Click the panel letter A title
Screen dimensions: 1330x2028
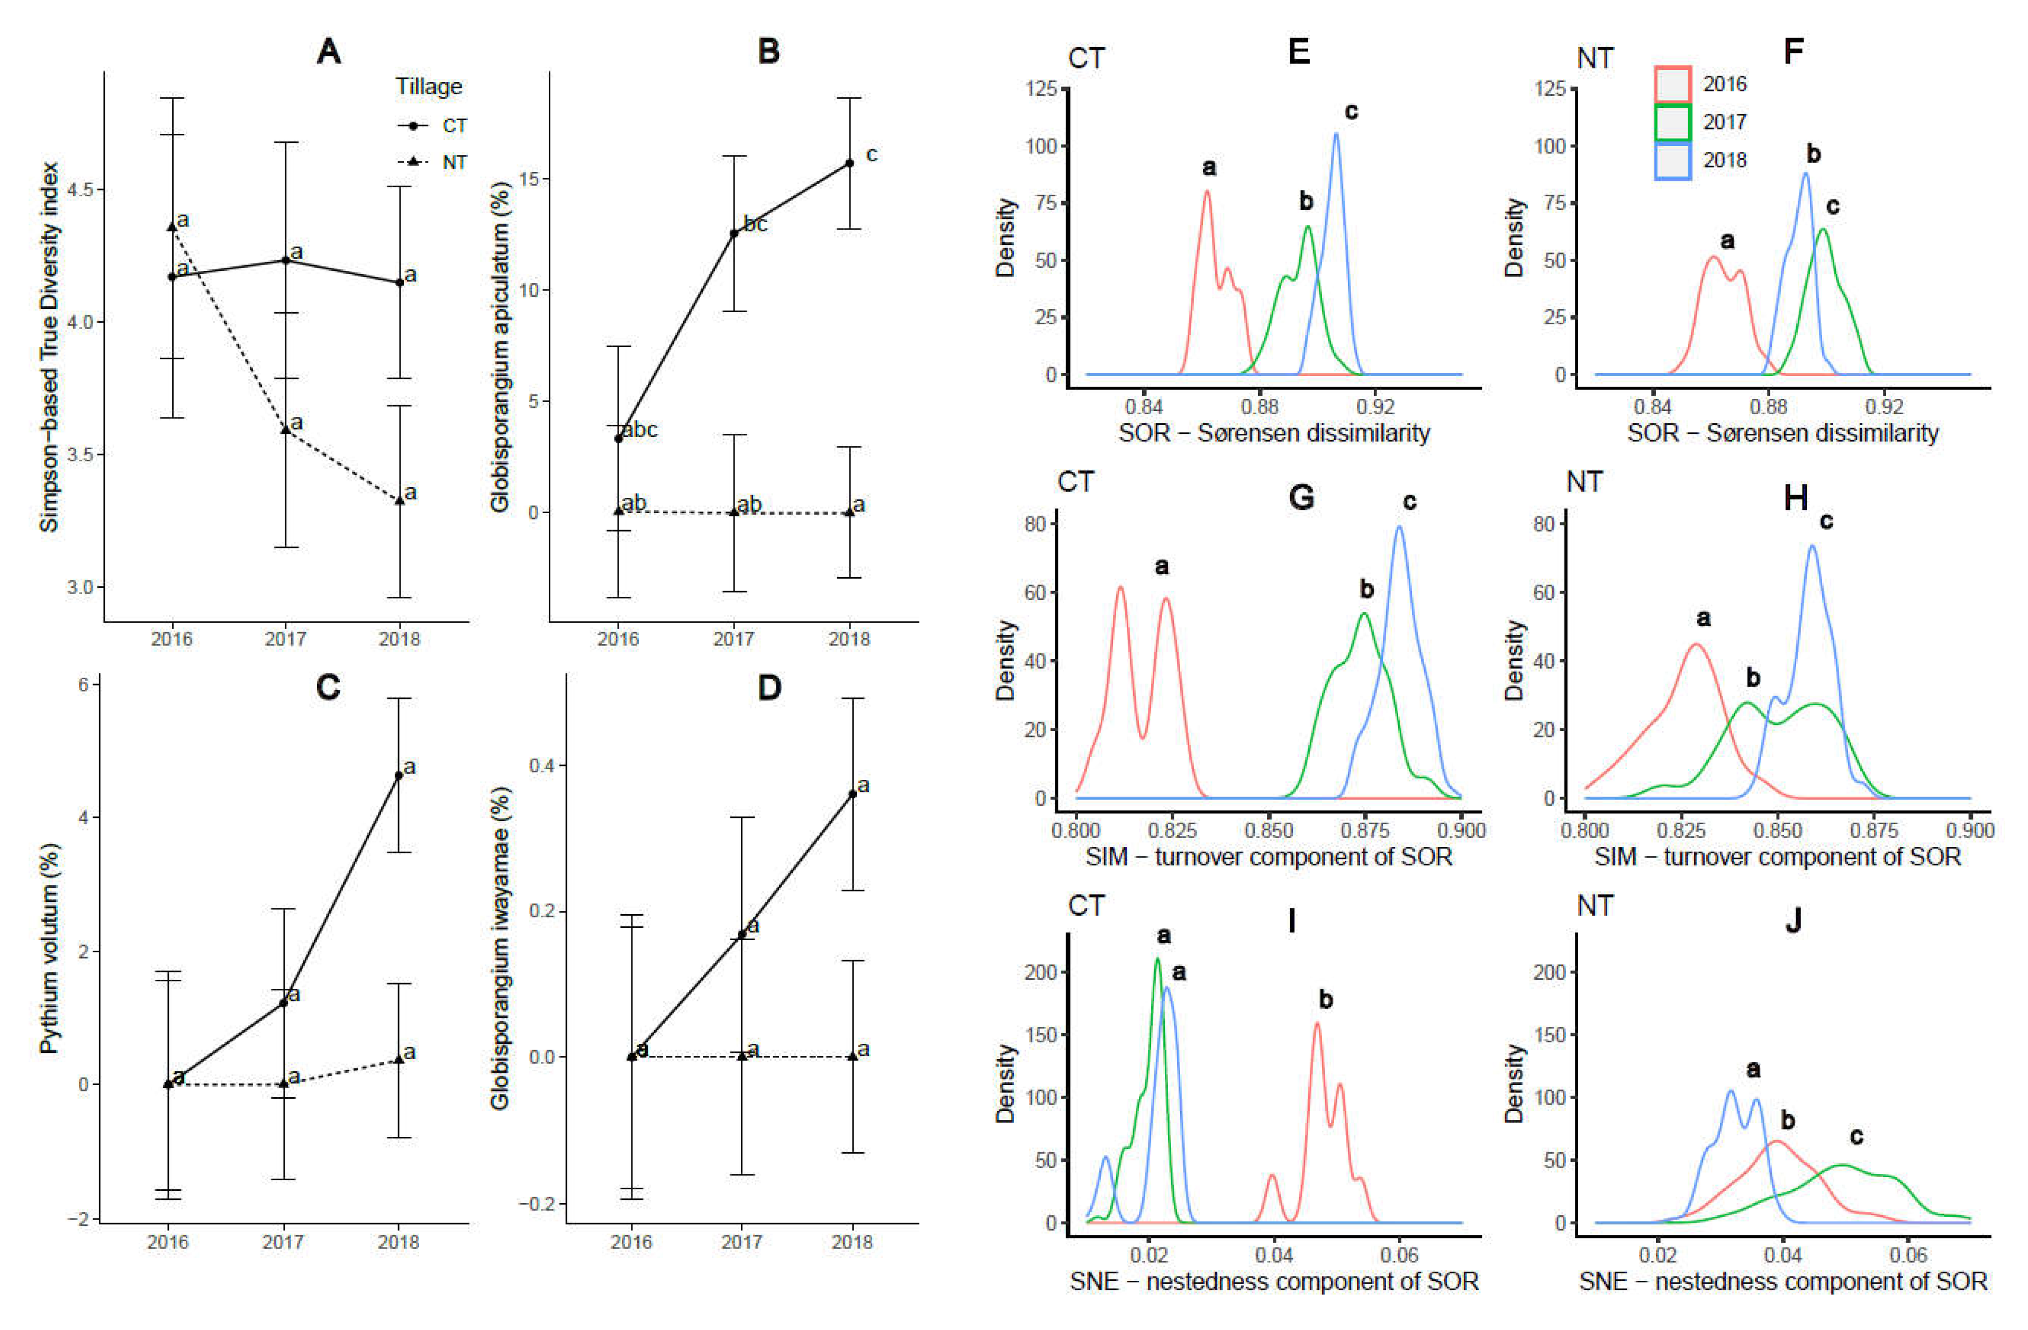pos(329,52)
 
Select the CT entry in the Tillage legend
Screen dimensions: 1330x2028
pos(433,126)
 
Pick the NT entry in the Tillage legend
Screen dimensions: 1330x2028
pos(433,162)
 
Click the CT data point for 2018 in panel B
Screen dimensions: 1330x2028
pos(849,163)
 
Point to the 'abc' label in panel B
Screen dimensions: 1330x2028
pos(640,430)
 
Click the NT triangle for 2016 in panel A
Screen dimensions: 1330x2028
pos(172,226)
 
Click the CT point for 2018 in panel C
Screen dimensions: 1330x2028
pos(399,776)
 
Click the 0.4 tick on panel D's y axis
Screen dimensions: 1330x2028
pos(541,765)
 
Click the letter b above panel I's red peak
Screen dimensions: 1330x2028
pos(1325,999)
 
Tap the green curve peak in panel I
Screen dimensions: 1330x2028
pos(1157,959)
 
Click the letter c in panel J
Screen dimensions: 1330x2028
pos(1857,1136)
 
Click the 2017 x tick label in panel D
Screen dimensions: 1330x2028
pos(741,1242)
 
